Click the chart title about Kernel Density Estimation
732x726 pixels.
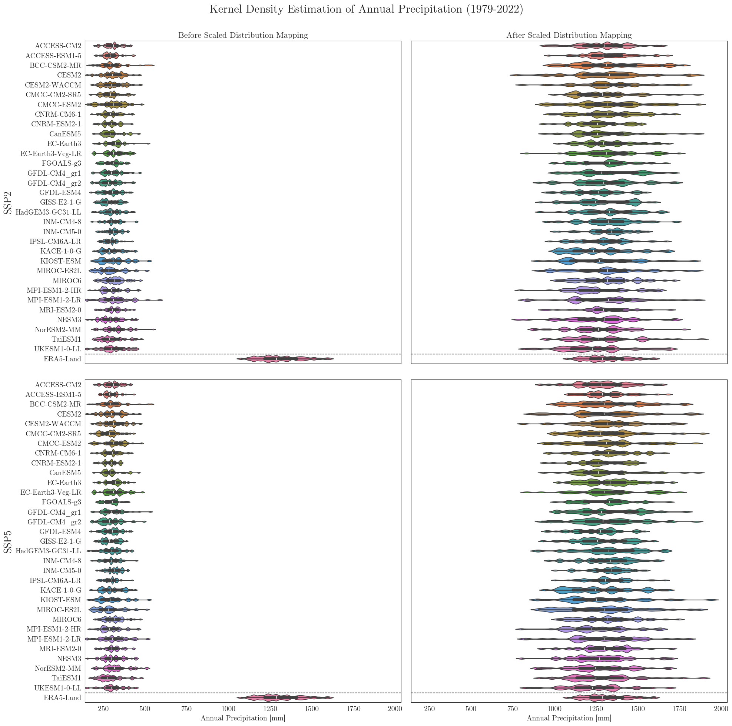coord(366,9)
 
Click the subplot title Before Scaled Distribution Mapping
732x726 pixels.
coord(243,35)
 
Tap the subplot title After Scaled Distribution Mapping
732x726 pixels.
coord(569,35)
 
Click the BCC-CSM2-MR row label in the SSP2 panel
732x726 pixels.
coord(55,66)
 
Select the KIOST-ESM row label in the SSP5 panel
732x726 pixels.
coord(61,600)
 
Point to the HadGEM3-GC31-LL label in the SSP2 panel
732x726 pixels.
coord(48,212)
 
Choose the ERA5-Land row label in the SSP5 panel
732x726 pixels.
coord(62,697)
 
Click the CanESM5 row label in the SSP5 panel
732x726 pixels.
coord(65,473)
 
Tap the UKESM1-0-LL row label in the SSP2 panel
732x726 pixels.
coord(57,349)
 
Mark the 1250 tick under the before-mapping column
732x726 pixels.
coord(269,709)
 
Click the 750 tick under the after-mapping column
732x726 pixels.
coord(512,709)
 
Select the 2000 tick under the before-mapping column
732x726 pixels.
coord(395,709)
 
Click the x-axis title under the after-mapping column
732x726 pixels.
coord(569,718)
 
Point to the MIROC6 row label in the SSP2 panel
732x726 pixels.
coord(67,281)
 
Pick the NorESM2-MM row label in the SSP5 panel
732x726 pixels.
coord(58,668)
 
